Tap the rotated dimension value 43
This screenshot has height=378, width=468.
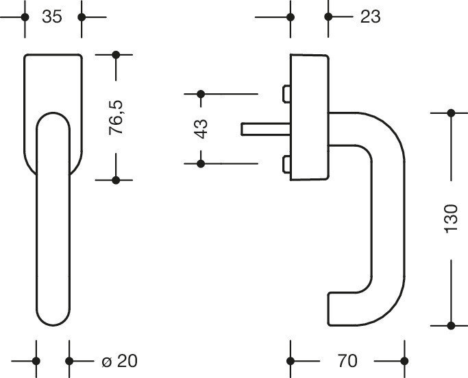click(201, 128)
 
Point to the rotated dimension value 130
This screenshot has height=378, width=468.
click(450, 218)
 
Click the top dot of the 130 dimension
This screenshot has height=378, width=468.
click(450, 113)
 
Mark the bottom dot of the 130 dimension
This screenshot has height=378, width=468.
click(450, 324)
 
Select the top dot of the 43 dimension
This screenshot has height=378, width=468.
click(201, 94)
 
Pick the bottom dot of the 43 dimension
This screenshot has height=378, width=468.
click(201, 163)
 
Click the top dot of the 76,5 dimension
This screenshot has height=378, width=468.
click(116, 54)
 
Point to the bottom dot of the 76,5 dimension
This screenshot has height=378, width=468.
click(116, 180)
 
